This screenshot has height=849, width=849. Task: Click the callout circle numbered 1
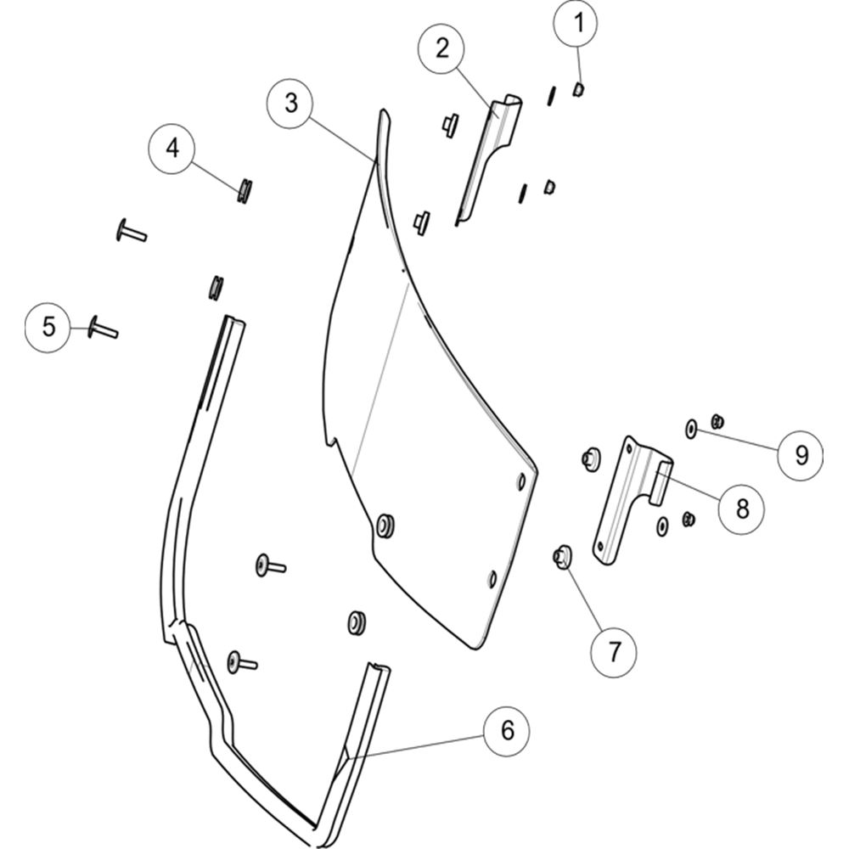pyautogui.click(x=576, y=24)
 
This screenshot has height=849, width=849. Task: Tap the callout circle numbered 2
pyautogui.click(x=441, y=48)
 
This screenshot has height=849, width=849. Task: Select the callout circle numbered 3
pyautogui.click(x=290, y=103)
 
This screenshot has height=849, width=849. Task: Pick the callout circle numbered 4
pyautogui.click(x=172, y=148)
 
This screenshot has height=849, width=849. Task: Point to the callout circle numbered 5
pyautogui.click(x=48, y=328)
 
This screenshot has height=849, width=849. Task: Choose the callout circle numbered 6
pyautogui.click(x=507, y=731)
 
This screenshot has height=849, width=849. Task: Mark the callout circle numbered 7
pyautogui.click(x=614, y=652)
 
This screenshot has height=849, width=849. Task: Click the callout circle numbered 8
pyautogui.click(x=742, y=509)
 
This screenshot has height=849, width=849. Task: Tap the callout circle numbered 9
pyautogui.click(x=801, y=455)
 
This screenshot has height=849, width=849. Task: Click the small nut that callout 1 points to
pyautogui.click(x=577, y=89)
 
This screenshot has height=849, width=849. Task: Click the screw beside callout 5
pyautogui.click(x=103, y=328)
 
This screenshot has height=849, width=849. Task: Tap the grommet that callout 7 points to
pyautogui.click(x=561, y=557)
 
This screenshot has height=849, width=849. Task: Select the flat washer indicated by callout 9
pyautogui.click(x=691, y=429)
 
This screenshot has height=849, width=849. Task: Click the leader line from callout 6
pyautogui.click(x=415, y=746)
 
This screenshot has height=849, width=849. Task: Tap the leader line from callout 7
pyautogui.click(x=584, y=597)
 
